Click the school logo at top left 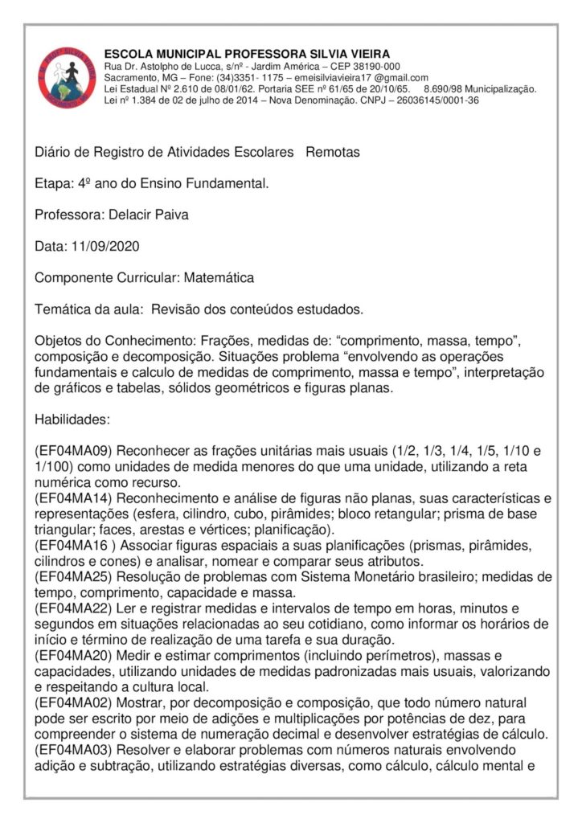[x=67, y=77]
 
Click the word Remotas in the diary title [x=333, y=152]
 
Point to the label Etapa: [x=53, y=183]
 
